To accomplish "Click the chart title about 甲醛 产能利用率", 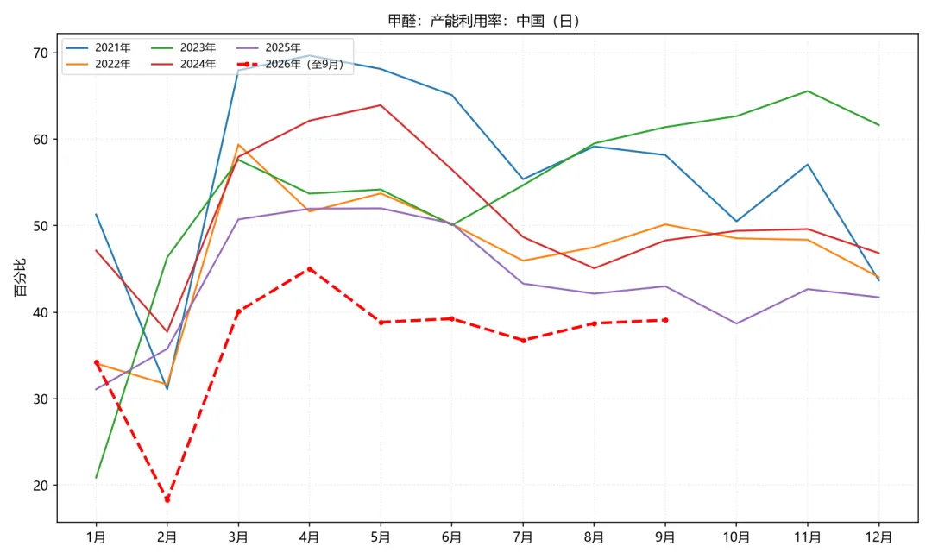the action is (483, 21).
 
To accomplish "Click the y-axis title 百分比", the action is (21, 277).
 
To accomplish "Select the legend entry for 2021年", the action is (98, 47).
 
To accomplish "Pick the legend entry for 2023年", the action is (183, 47).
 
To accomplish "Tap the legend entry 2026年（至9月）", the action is (290, 64).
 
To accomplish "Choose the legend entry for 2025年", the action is (268, 47).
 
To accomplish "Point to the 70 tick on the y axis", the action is (41, 53).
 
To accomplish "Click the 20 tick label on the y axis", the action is (41, 486).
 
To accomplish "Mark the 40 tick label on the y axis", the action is (41, 312).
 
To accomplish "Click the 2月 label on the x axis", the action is (167, 537).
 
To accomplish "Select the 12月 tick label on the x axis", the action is (879, 537).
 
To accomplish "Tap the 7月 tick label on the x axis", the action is (523, 537).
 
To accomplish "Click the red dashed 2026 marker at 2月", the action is (167, 499).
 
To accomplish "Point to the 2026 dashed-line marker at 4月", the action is (309, 269).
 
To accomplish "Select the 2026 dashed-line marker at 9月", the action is (665, 320).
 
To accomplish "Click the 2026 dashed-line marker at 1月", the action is (97, 362).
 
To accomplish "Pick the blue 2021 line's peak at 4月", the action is (309, 55).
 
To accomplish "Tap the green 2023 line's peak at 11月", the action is (808, 91).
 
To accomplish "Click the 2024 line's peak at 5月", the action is (381, 105).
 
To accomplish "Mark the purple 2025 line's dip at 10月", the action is (736, 323).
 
